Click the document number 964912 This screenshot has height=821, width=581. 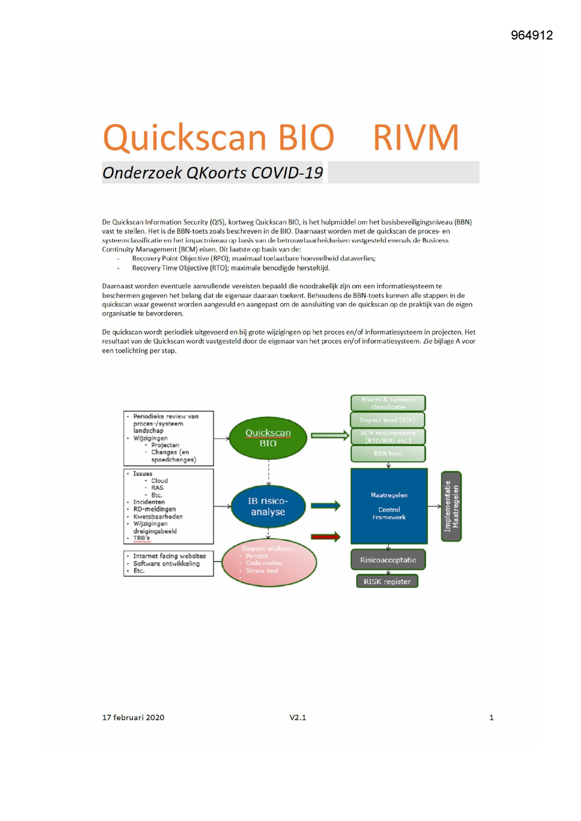pyautogui.click(x=532, y=35)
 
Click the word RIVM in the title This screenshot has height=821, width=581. pyautogui.click(x=416, y=138)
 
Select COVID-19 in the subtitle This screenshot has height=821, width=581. pyautogui.click(x=287, y=173)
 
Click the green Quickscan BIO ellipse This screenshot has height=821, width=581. pyautogui.click(x=268, y=438)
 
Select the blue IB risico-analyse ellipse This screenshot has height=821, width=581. pyautogui.click(x=268, y=506)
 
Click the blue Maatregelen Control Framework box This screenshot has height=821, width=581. pyautogui.click(x=389, y=506)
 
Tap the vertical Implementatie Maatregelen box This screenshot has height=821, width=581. pyautogui.click(x=451, y=506)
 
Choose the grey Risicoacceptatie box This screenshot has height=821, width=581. pyautogui.click(x=388, y=560)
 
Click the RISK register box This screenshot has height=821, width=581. pyautogui.click(x=387, y=581)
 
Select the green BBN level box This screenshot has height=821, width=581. pyautogui.click(x=388, y=453)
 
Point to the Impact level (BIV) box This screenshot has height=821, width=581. pyautogui.click(x=388, y=420)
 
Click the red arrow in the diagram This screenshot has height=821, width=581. pyautogui.click(x=325, y=537)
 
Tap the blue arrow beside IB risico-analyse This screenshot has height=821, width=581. pyautogui.click(x=325, y=506)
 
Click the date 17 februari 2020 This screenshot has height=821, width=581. pyautogui.click(x=133, y=718)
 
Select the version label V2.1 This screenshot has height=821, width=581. pyautogui.click(x=298, y=718)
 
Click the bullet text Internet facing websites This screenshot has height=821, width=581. pyautogui.click(x=169, y=556)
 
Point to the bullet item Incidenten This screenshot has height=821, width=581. pyautogui.click(x=149, y=502)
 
